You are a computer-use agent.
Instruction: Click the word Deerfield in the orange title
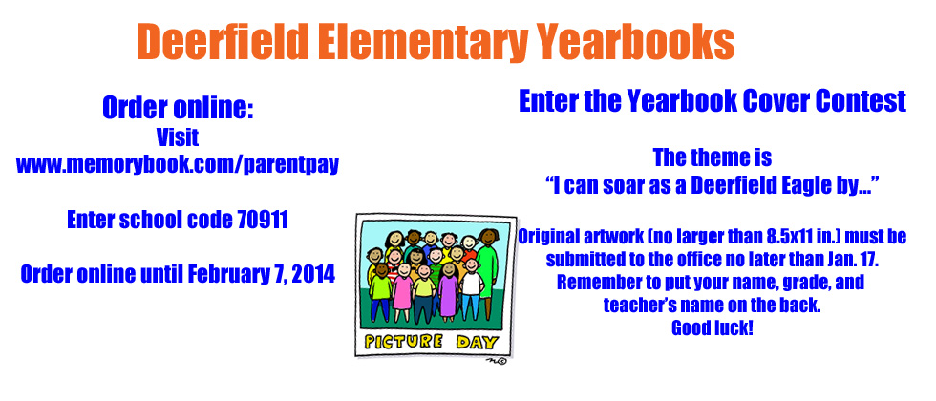pos(223,42)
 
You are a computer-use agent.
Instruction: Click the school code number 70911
pos(263,221)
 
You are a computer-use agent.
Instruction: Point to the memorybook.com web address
pos(178,164)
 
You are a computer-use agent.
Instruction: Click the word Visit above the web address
pos(178,137)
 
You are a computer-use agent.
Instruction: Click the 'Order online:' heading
pos(178,108)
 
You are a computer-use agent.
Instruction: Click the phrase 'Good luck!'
pos(713,327)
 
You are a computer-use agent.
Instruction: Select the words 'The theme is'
pos(713,158)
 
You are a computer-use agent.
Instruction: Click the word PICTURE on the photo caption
pos(403,342)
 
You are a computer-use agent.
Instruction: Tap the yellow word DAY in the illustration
pos(477,343)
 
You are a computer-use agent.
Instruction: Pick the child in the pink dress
pos(403,292)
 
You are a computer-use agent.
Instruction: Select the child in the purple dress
pos(448,291)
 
